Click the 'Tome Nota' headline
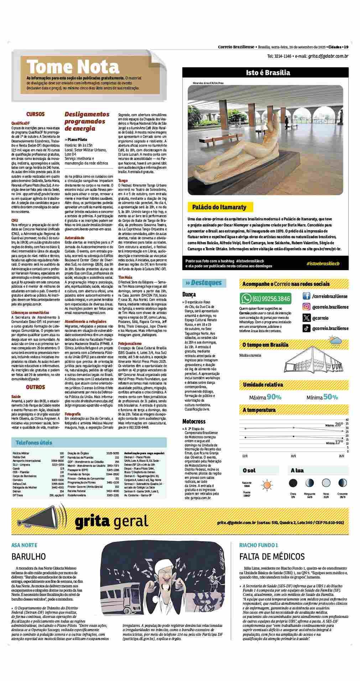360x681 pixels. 73,66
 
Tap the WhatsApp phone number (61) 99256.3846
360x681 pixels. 271,298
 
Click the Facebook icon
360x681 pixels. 306,296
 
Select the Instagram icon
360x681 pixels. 306,307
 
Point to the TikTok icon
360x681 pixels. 306,329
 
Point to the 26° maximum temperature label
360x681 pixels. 339,424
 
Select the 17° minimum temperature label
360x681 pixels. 339,442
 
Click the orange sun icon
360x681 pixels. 267,485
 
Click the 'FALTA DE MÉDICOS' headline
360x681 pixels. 272,556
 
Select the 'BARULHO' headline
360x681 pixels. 28,556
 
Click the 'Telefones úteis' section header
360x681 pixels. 34,442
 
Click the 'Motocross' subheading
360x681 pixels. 194,421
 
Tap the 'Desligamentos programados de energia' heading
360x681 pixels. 87,121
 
